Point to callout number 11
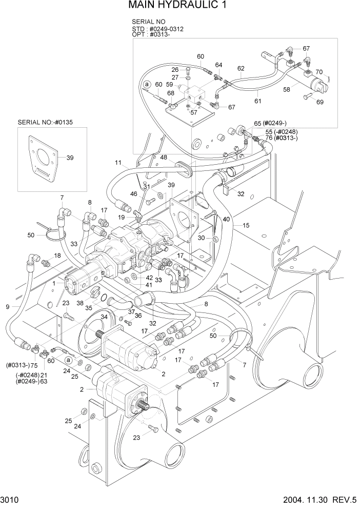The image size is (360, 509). point(118,163)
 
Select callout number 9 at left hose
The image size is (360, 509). point(7,307)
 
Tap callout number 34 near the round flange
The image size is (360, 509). point(104,317)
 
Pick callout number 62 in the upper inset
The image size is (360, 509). point(241,68)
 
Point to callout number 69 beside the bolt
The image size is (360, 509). point(320,103)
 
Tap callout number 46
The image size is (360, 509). point(134,194)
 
